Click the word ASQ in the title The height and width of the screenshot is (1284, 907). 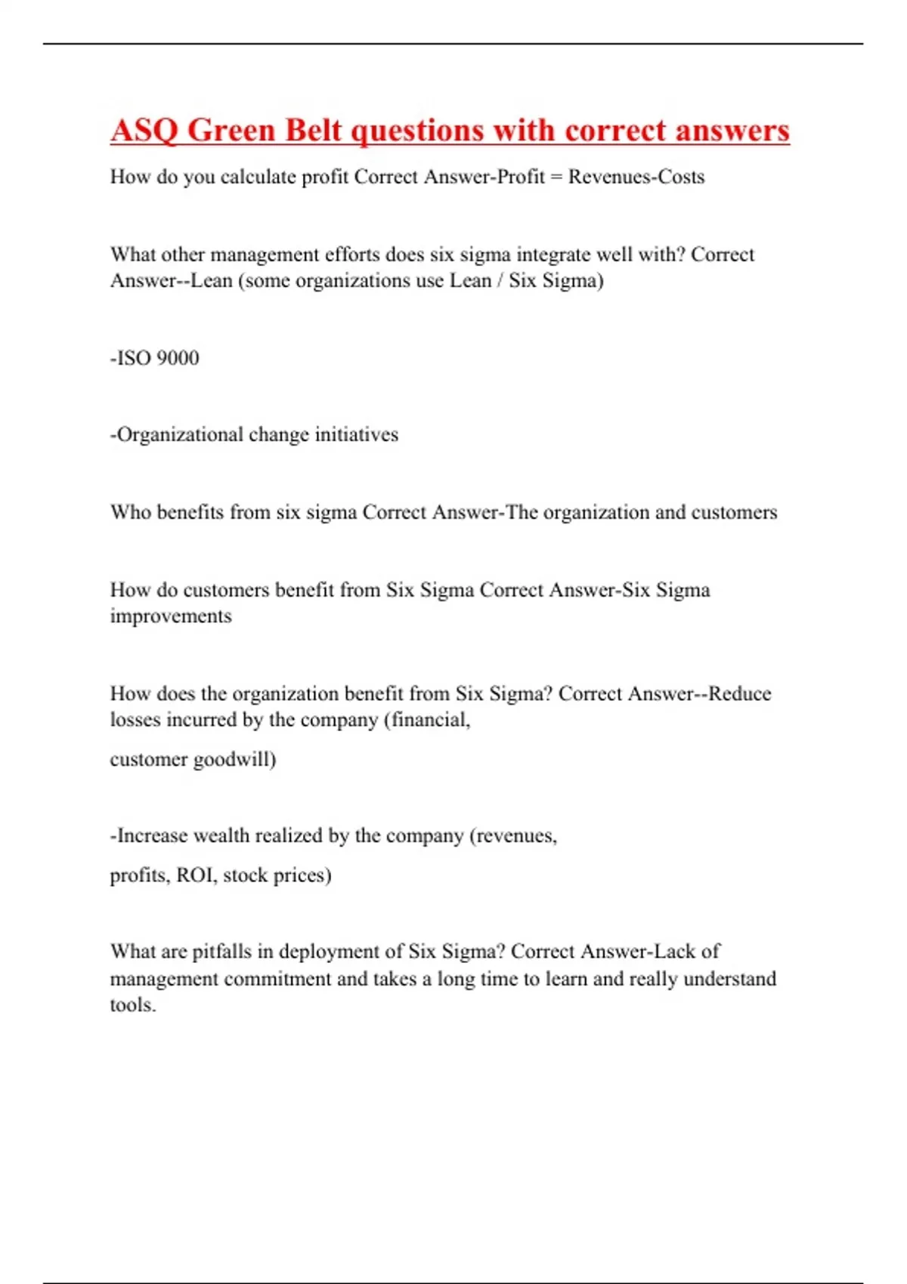(x=143, y=131)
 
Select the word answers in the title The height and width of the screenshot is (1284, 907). (x=732, y=131)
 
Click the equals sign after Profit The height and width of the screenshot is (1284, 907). (x=556, y=177)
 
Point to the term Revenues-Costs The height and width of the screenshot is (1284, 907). (x=636, y=177)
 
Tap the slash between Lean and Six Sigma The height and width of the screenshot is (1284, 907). (x=500, y=281)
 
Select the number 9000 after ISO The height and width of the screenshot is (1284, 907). (x=178, y=358)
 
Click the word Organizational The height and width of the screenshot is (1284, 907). (x=180, y=435)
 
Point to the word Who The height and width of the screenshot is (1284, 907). (x=130, y=513)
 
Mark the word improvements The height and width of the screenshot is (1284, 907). (x=171, y=616)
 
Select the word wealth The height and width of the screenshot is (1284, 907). (x=221, y=836)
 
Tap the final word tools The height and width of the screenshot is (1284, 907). (x=132, y=1005)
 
